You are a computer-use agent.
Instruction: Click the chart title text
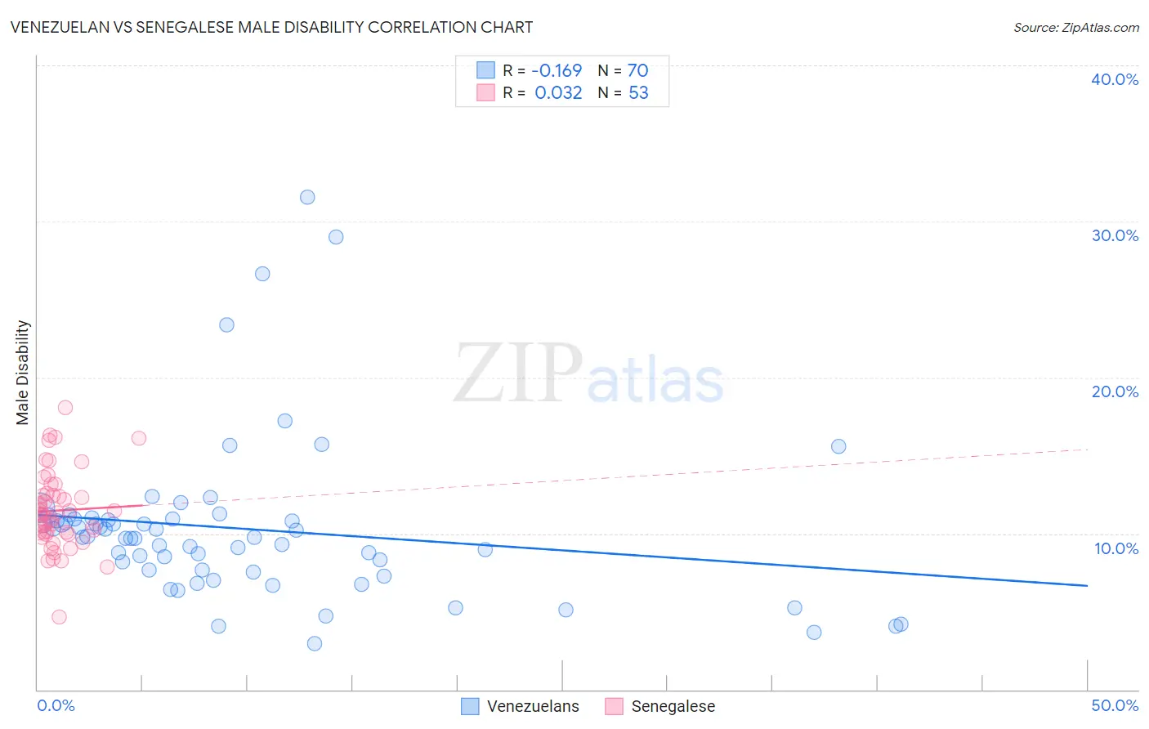point(271,27)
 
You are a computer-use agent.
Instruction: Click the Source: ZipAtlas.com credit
point(1075,27)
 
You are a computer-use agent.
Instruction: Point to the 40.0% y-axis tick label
point(1114,79)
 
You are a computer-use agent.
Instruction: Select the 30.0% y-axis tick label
point(1114,235)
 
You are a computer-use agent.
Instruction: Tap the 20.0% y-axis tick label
point(1114,391)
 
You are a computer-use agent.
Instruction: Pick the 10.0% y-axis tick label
point(1115,548)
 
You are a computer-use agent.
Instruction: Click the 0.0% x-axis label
point(56,705)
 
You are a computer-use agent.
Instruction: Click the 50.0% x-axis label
point(1114,705)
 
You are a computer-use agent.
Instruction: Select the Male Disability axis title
point(23,372)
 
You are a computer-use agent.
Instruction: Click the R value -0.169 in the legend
point(557,70)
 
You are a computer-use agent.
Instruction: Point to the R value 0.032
point(558,92)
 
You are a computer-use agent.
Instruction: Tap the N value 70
point(637,70)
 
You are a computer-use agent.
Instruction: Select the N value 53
point(637,92)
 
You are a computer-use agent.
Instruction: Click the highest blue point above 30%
point(307,197)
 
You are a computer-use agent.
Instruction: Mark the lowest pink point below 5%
point(59,617)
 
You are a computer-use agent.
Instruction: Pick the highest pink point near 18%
point(65,407)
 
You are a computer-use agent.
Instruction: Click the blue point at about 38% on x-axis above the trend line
point(838,446)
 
